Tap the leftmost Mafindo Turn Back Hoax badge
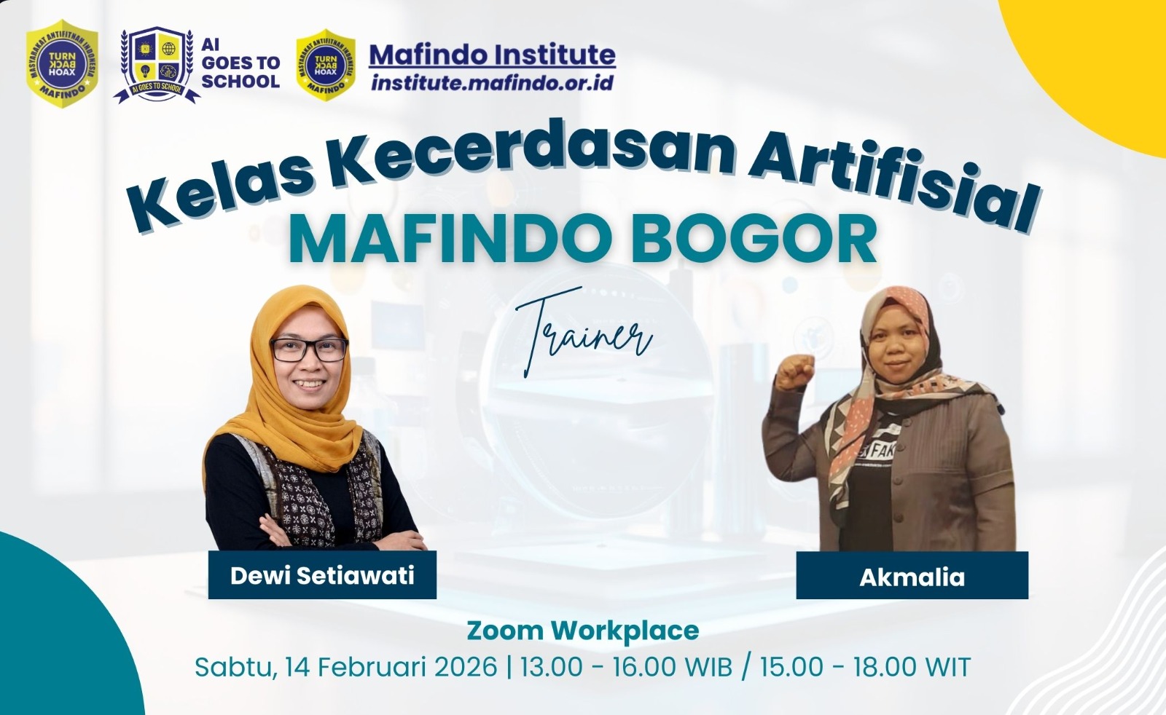click(62, 63)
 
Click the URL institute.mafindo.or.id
click(492, 82)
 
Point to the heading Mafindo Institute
click(493, 55)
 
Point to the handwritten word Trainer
click(583, 333)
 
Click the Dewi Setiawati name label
click(322, 575)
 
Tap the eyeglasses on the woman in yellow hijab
click(309, 349)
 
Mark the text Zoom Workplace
click(583, 631)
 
